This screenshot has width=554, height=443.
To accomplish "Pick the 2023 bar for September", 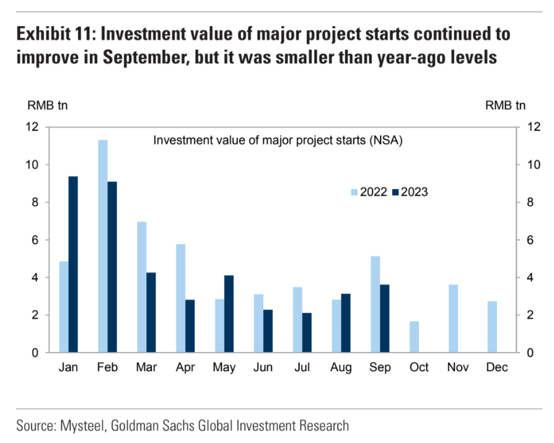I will (385, 318).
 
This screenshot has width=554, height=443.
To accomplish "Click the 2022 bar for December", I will (493, 327).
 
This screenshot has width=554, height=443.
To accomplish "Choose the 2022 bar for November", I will (454, 318).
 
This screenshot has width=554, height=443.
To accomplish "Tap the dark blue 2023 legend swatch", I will (395, 192).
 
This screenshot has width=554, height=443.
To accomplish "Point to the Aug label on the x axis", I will (341, 367).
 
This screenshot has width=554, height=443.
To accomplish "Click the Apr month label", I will (185, 367).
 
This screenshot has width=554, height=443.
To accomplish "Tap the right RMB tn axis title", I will (506, 105).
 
